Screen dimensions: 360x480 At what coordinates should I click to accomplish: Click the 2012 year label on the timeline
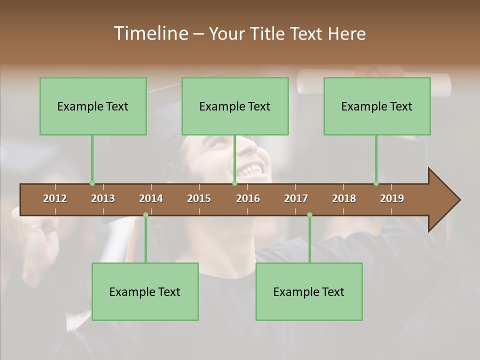click(x=55, y=198)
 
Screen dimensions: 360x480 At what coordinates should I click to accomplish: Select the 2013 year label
click(x=103, y=198)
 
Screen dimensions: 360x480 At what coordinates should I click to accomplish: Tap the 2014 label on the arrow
click(x=151, y=198)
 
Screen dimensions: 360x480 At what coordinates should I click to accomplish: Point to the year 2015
click(x=199, y=198)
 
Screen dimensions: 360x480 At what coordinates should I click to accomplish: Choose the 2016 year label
click(x=248, y=198)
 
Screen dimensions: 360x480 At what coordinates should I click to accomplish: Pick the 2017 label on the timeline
click(x=296, y=198)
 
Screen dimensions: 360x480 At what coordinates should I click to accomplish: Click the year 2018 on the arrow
click(x=344, y=198)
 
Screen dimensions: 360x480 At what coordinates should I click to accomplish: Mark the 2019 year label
click(x=392, y=198)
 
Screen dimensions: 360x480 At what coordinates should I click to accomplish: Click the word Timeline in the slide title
click(x=150, y=33)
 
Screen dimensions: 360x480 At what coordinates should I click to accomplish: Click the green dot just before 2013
click(x=92, y=183)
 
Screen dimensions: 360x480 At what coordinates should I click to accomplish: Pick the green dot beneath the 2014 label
click(x=145, y=215)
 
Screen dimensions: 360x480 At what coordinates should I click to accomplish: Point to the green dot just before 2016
click(x=234, y=183)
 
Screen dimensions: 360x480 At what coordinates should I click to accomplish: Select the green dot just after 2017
click(x=309, y=215)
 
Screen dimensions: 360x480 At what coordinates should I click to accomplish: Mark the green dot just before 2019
click(x=376, y=183)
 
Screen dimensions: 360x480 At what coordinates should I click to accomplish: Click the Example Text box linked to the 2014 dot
click(x=145, y=291)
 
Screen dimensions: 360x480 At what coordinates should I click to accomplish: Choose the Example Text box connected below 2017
click(x=309, y=291)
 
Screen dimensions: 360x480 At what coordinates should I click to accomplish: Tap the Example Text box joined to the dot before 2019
click(x=377, y=106)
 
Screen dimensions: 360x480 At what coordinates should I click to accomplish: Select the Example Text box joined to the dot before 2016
click(x=235, y=106)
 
